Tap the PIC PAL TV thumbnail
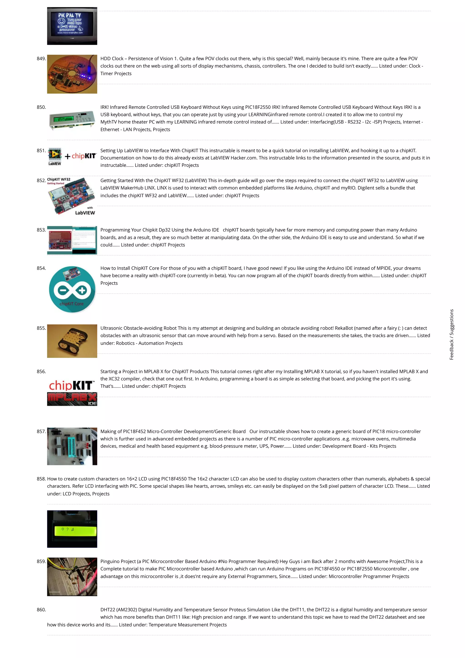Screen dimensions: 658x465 [72, 26]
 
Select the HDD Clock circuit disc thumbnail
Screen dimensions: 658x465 [72, 74]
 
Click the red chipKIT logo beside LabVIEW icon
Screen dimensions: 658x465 [84, 156]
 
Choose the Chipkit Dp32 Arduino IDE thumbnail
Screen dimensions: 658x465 [72, 240]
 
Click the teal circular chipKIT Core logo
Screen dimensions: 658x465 [72, 289]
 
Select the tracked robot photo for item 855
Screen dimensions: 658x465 [72, 341]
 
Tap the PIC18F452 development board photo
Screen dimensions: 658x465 [72, 446]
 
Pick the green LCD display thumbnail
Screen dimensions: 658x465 [72, 529]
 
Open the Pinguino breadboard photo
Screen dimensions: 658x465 [72, 577]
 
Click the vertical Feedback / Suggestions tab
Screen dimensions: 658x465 [452, 334]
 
